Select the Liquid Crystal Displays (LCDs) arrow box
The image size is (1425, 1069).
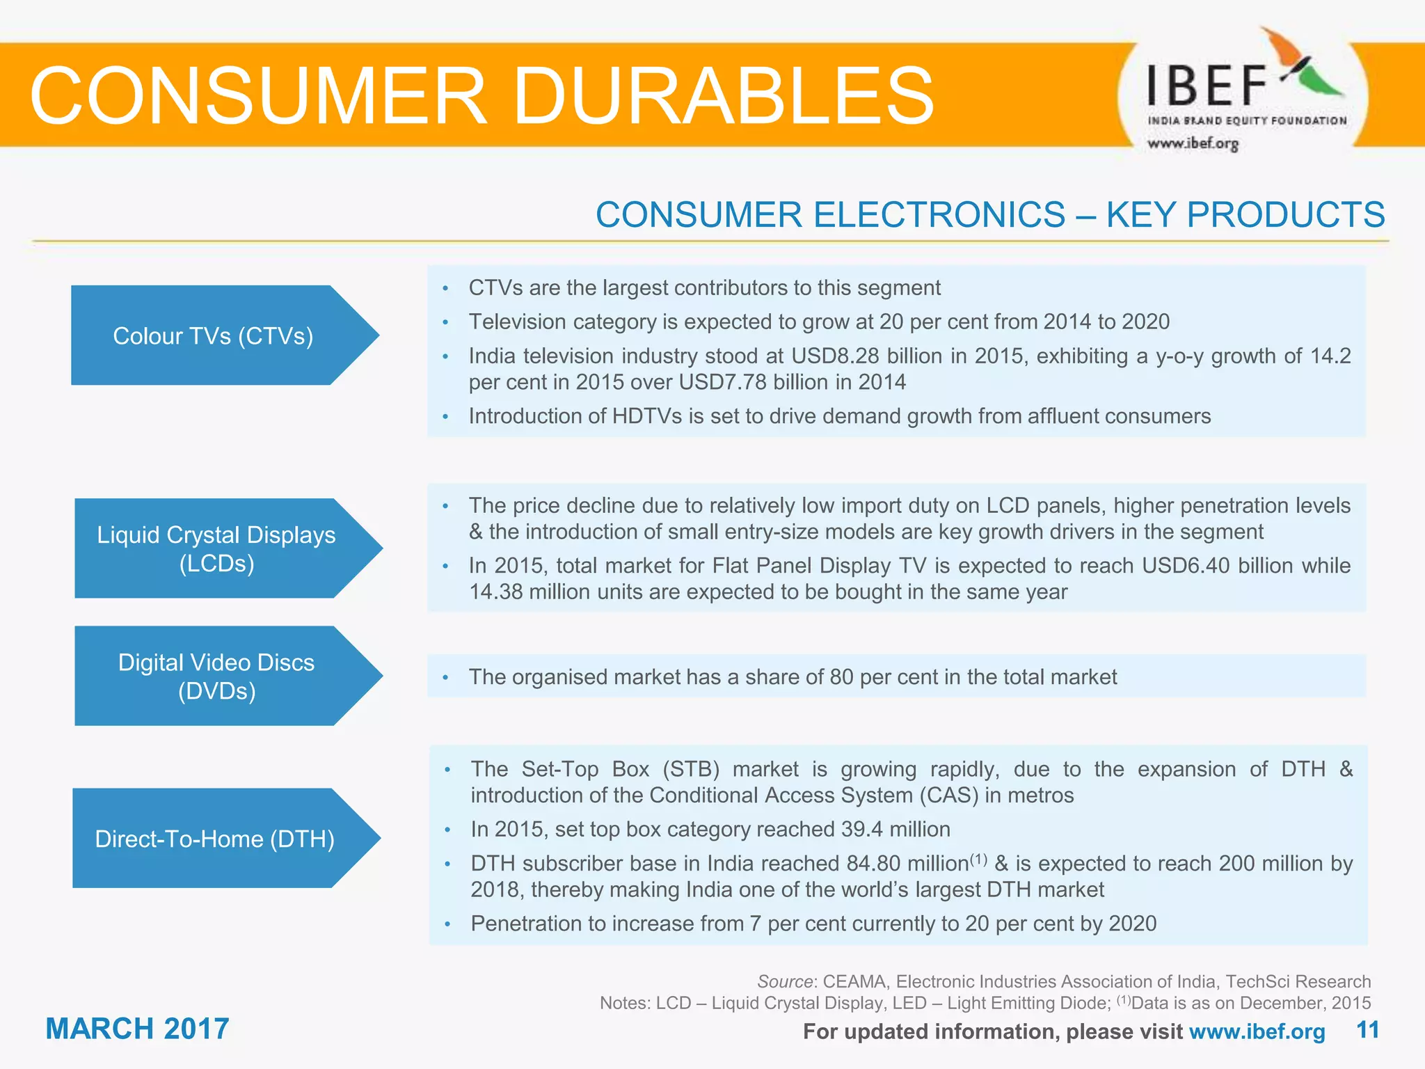pos(216,548)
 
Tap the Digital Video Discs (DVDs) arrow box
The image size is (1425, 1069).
pos(216,676)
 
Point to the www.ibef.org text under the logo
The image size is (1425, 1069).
pos(1193,143)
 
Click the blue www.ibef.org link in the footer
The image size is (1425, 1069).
pos(1257,1031)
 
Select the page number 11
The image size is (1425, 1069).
pos(1368,1030)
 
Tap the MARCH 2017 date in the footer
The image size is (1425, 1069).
pos(137,1029)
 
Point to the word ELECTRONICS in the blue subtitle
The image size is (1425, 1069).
pos(939,214)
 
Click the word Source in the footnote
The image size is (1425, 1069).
pos(785,981)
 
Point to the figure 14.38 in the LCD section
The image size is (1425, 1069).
pos(495,592)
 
